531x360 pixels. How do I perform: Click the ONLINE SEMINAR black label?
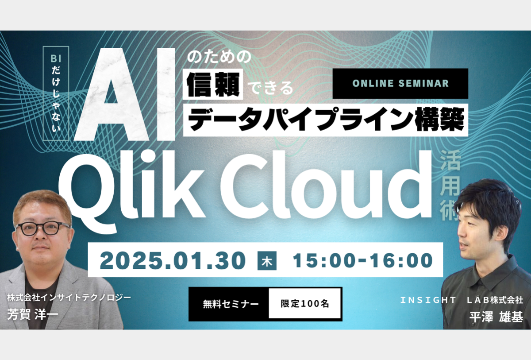click(400, 84)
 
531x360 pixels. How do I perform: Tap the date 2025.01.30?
click(173, 261)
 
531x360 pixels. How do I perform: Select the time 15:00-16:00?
click(363, 260)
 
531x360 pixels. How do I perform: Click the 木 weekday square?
click(267, 261)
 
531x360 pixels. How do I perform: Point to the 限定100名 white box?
click(304, 304)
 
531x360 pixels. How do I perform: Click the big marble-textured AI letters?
click(125, 94)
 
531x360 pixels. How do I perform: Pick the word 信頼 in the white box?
click(213, 84)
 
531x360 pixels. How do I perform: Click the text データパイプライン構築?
click(326, 120)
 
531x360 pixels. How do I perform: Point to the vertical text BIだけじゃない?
click(56, 93)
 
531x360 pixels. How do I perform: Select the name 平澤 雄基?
click(496, 317)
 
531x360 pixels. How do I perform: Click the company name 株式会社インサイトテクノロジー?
click(69, 298)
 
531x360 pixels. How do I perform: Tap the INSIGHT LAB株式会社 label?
click(462, 300)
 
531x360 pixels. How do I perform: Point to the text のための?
click(219, 57)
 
